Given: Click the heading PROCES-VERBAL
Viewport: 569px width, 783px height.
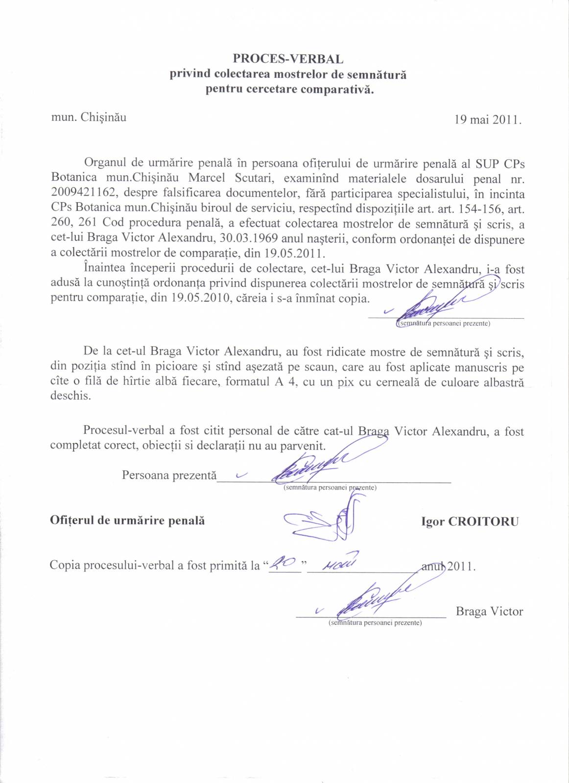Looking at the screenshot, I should click(288, 59).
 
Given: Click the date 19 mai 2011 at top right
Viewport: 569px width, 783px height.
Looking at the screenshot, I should click(487, 119).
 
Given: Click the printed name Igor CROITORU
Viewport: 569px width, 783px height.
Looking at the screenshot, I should click(470, 522).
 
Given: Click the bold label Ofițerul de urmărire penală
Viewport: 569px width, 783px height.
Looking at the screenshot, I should click(127, 521).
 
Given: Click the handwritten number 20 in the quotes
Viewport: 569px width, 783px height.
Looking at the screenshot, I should click(284, 564).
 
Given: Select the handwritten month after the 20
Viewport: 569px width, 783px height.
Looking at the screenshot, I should click(341, 564).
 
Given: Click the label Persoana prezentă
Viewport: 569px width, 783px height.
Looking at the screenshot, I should click(169, 475).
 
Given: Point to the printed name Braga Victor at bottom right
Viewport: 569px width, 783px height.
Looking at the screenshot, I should click(489, 611).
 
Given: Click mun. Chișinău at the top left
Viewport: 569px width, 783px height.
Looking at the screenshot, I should click(89, 118).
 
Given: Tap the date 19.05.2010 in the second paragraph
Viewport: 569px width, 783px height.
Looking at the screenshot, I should click(200, 298).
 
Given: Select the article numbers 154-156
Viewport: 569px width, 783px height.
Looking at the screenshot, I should click(479, 209).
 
